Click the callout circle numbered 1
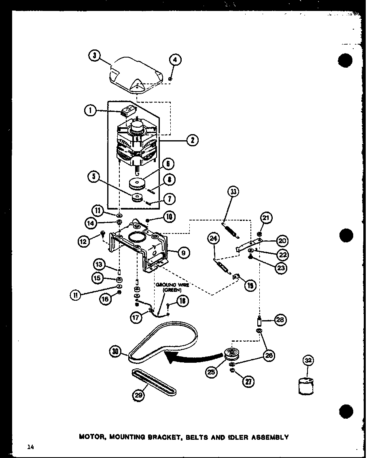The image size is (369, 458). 91,110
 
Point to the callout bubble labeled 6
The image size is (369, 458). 168,164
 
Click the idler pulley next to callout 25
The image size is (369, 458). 233,355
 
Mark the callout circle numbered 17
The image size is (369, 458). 137,318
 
